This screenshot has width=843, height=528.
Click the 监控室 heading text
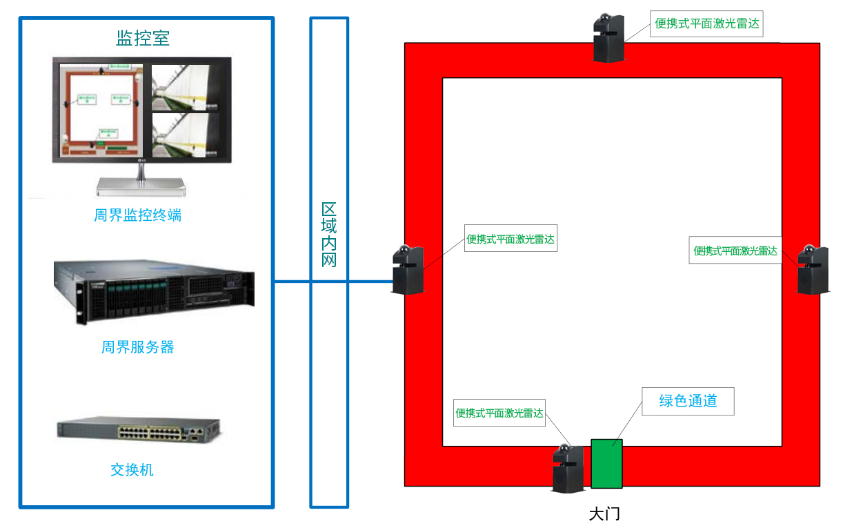click(143, 38)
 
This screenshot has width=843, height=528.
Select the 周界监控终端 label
click(138, 215)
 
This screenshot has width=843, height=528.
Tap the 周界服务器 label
click(138, 347)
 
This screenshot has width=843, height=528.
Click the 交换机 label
click(132, 470)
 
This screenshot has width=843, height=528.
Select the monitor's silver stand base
click(141, 184)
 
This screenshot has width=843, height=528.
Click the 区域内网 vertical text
click(329, 235)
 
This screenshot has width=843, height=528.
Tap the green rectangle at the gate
click(606, 463)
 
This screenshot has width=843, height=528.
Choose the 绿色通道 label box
click(688, 401)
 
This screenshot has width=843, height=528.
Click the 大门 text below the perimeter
click(599, 514)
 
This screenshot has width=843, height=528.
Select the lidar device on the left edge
click(408, 269)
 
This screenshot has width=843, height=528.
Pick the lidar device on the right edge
click(813, 270)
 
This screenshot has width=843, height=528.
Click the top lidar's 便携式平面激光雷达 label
click(707, 23)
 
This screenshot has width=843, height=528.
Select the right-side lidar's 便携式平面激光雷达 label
click(735, 251)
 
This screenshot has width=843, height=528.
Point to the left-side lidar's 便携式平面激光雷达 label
click(510, 239)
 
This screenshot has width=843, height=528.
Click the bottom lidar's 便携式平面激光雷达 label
click(499, 413)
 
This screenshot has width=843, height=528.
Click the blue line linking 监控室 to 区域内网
click(292, 282)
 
